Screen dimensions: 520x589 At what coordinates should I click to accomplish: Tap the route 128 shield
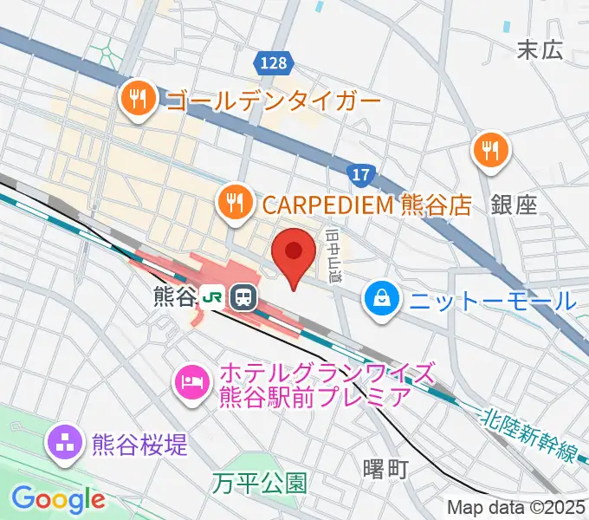click(276, 63)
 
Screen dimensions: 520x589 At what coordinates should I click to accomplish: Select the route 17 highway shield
click(361, 175)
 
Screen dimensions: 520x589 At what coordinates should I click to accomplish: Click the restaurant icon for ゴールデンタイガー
click(139, 98)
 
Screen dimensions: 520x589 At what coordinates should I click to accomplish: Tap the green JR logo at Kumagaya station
click(210, 297)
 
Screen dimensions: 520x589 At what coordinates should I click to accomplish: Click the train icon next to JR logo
click(243, 297)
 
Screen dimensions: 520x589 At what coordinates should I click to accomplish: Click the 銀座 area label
click(514, 205)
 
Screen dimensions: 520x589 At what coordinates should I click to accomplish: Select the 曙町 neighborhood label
click(385, 469)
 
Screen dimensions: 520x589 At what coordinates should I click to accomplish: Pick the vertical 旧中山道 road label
click(333, 252)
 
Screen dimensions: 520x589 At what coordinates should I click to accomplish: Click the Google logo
click(58, 498)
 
